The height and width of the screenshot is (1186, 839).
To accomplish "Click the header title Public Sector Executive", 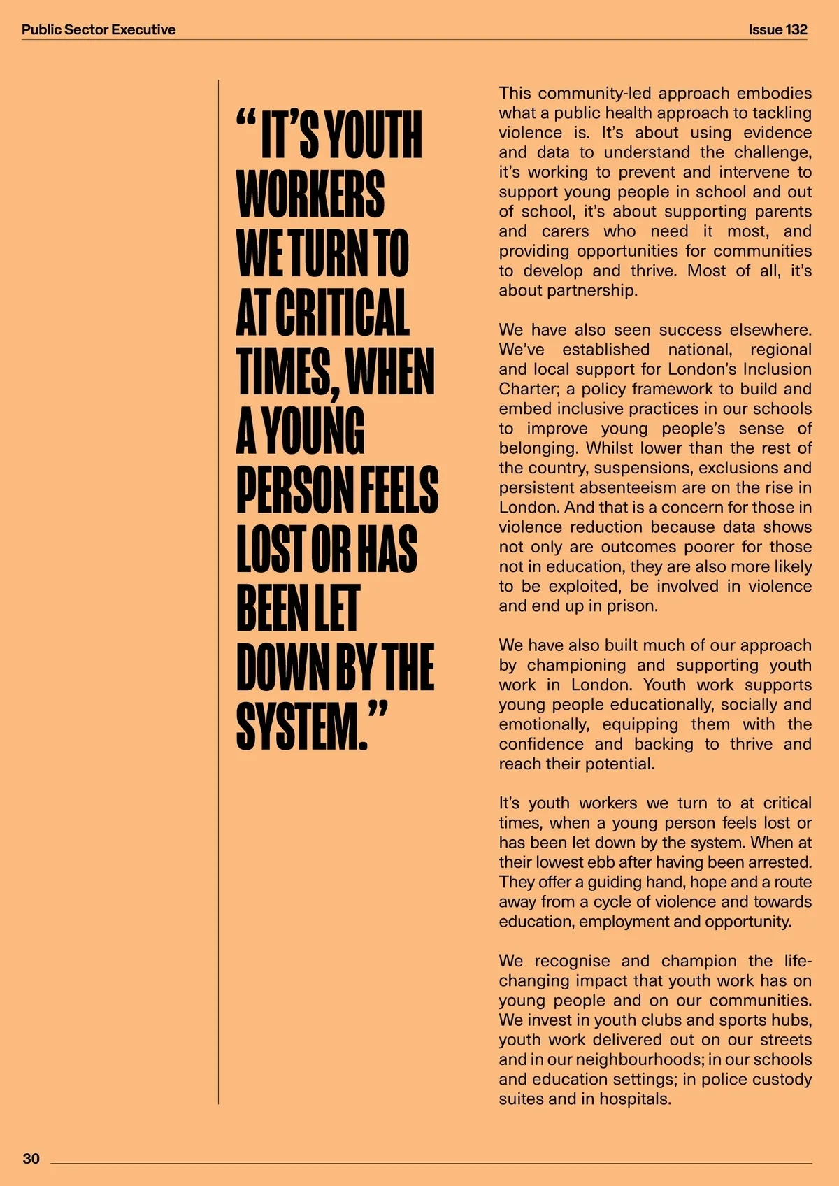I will click(x=99, y=29).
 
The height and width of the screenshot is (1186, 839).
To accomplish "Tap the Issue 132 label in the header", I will click(x=777, y=29).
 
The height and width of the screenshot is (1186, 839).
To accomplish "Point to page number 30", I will click(x=31, y=1159).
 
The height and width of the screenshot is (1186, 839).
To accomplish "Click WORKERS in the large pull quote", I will click(x=310, y=194).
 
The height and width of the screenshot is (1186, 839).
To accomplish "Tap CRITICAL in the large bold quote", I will click(x=342, y=312).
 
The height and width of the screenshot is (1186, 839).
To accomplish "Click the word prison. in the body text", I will click(x=635, y=606).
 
